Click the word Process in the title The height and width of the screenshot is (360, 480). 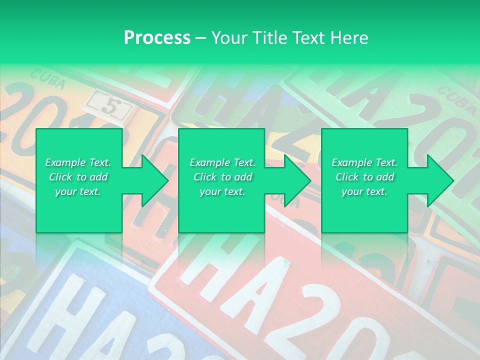[x=157, y=38]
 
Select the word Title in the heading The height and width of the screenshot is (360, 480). [x=269, y=38]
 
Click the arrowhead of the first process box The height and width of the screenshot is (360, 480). [x=152, y=180]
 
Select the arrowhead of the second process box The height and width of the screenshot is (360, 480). [x=294, y=180]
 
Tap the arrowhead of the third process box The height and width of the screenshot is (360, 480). [x=437, y=180]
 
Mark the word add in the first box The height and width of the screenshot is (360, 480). [x=99, y=177]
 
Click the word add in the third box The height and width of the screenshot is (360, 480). [x=385, y=177]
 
